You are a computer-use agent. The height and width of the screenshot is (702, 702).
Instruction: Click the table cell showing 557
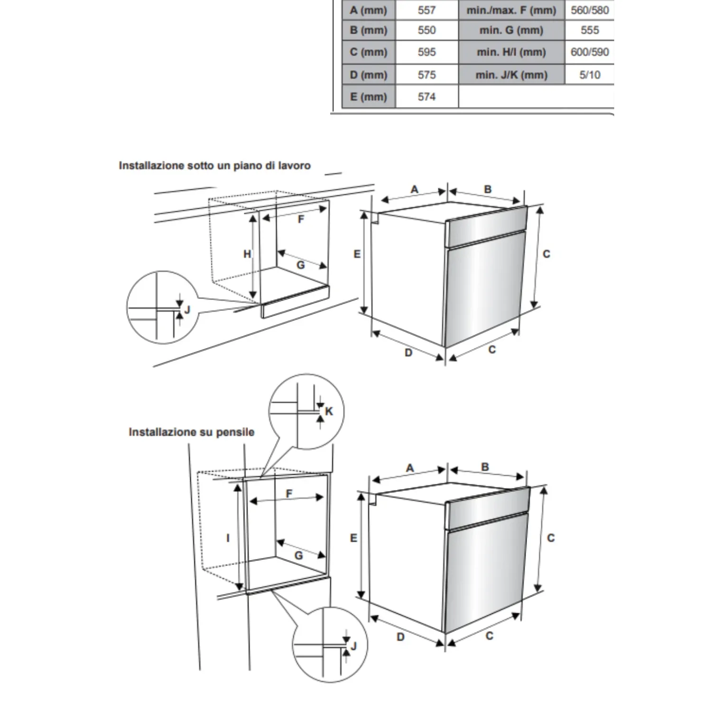(426, 10)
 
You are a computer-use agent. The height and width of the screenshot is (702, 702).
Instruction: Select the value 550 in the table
(426, 30)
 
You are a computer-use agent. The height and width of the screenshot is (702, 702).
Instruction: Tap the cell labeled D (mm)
(369, 75)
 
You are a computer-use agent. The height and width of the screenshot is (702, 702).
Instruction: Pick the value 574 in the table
(426, 97)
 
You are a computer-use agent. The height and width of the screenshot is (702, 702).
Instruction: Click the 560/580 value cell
(589, 10)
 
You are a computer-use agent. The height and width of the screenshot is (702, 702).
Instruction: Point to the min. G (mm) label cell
(511, 30)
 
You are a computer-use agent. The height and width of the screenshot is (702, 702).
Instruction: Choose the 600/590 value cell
(589, 52)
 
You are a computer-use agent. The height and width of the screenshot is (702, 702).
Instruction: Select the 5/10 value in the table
(589, 75)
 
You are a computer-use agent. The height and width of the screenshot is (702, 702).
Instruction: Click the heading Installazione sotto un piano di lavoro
(214, 166)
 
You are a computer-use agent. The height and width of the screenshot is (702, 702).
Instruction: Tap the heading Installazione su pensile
(191, 432)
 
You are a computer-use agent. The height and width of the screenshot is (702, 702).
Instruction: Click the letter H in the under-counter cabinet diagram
(247, 254)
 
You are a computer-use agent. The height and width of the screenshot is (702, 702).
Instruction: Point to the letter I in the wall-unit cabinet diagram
(228, 538)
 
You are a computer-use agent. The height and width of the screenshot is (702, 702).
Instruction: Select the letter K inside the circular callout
(329, 411)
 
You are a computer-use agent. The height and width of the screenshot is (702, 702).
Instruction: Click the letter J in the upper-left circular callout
(187, 310)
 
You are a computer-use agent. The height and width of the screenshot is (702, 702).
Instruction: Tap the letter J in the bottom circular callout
(353, 646)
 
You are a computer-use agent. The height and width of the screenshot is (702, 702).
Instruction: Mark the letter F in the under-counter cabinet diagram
(301, 219)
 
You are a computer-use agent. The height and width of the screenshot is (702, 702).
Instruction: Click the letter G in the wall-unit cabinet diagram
(299, 555)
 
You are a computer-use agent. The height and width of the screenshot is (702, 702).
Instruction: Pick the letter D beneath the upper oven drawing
(408, 352)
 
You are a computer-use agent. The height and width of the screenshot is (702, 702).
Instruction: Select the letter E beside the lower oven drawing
(353, 538)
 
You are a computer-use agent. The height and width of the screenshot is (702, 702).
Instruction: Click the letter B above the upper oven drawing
(488, 189)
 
